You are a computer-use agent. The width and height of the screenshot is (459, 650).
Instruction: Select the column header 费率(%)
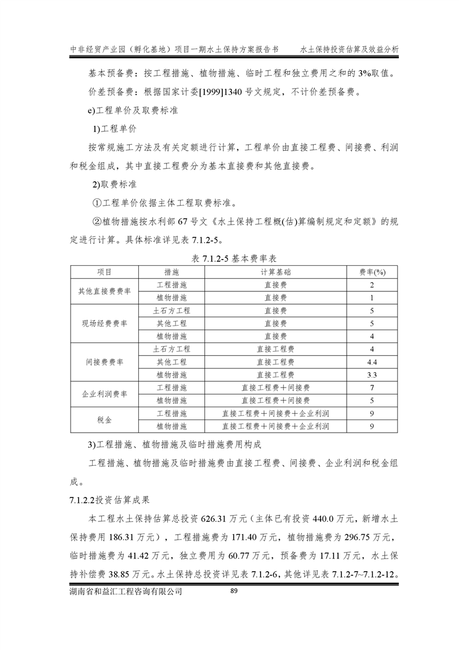pyautogui.click(x=373, y=272)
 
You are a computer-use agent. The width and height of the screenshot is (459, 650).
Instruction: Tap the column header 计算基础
pyautogui.click(x=276, y=272)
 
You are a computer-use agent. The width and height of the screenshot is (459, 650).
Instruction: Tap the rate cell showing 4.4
pyautogui.click(x=373, y=362)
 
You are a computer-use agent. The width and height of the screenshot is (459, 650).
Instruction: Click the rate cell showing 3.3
pyautogui.click(x=373, y=375)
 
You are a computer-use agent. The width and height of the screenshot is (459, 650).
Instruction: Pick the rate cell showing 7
pyautogui.click(x=373, y=388)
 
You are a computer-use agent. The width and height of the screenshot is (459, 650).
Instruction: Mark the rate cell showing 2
pyautogui.click(x=373, y=285)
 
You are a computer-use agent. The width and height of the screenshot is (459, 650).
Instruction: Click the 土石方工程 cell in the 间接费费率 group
pyautogui.click(x=171, y=349)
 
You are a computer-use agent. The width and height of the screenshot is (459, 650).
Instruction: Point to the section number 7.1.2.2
pyautogui.click(x=83, y=497)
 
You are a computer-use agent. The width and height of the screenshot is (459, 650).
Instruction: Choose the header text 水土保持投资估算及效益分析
pyautogui.click(x=350, y=50)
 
